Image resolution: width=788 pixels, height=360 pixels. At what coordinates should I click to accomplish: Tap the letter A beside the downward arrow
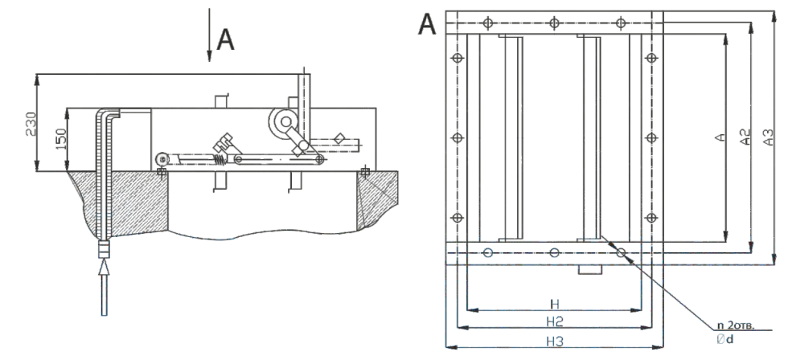click(228, 41)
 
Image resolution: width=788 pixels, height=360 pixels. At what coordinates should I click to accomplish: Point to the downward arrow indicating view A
click(209, 36)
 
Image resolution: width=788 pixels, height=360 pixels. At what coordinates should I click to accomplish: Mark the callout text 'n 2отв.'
click(730, 325)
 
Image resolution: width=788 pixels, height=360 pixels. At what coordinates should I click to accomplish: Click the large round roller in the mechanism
click(283, 122)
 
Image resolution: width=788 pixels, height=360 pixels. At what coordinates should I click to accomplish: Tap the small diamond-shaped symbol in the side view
click(339, 138)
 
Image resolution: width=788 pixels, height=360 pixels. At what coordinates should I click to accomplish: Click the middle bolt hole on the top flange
click(554, 22)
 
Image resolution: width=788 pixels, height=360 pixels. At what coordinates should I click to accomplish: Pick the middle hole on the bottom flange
click(554, 252)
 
